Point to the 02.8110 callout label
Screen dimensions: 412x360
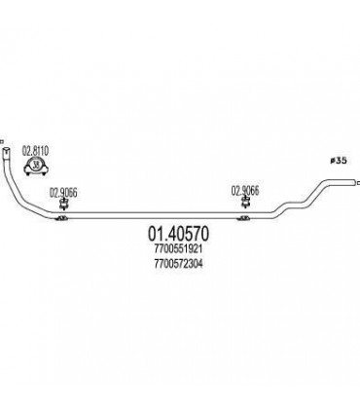coord(36,151)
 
